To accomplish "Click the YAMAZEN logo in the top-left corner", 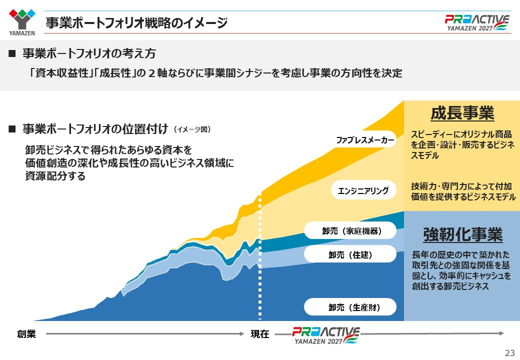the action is tap(22, 22).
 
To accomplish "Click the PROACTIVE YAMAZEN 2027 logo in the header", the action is tap(477, 22).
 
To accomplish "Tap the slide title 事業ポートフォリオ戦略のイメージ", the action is tap(136, 23).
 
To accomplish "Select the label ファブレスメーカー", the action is tap(365, 140).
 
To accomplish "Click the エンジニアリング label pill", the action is tap(363, 190).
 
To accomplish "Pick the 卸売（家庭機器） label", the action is tap(350, 230).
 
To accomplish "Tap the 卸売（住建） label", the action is tap(350, 254).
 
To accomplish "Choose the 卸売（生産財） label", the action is tap(350, 307).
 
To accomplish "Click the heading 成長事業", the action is tap(462, 113).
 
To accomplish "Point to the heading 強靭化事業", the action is tap(462, 234).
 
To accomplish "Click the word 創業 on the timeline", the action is tap(26, 334).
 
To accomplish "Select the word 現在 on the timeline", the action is tap(260, 334).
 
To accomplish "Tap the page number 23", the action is tap(510, 352).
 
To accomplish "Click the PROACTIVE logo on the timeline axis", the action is tap(325, 335).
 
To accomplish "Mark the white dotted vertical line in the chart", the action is tap(260, 257).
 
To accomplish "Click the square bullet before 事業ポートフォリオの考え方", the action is tap(12, 53).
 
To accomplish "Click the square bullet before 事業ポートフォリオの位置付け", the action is tap(12, 129).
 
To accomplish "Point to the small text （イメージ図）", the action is tap(192, 129).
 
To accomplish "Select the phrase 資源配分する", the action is tap(55, 175).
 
